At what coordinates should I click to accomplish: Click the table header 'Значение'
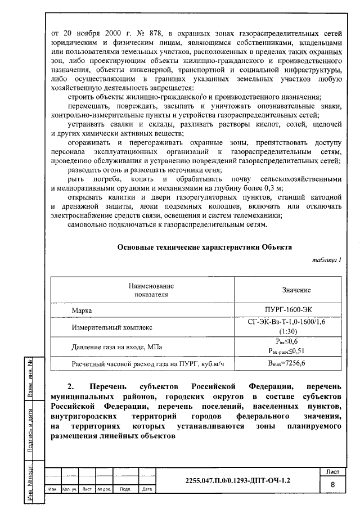click(x=296, y=290)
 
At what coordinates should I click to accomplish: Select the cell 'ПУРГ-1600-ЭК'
click(x=296, y=309)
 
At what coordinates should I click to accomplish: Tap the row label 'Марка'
click(x=82, y=310)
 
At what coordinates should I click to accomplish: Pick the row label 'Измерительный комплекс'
click(x=111, y=327)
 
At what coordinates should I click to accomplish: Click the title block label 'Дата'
click(x=147, y=489)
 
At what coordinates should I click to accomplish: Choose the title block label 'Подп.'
click(x=126, y=489)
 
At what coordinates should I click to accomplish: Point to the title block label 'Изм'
click(x=52, y=489)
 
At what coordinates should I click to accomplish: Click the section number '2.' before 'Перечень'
click(x=70, y=388)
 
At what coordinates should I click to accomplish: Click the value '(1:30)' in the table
click(x=296, y=331)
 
